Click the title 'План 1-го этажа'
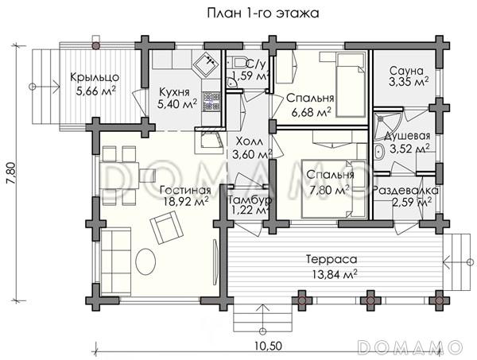tap(263, 14)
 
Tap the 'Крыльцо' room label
tap(95, 77)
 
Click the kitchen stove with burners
tap(211, 101)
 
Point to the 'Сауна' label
tap(406, 71)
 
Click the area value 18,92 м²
tap(186, 202)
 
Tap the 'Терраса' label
tap(332, 260)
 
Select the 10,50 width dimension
tap(269, 346)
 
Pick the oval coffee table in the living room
tap(145, 261)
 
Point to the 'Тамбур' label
tap(250, 200)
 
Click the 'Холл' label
tap(249, 141)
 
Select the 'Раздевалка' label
tap(405, 191)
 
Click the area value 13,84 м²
tap(335, 274)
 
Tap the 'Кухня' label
tap(174, 92)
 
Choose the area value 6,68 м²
tap(311, 113)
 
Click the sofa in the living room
tap(116, 263)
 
